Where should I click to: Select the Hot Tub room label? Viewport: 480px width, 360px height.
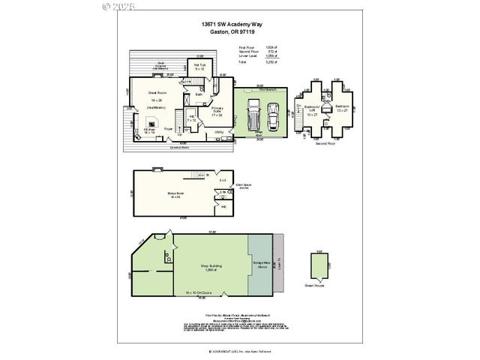(x=199, y=67)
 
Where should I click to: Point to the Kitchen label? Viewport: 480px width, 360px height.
(x=139, y=130)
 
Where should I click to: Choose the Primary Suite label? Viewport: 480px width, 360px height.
(x=217, y=113)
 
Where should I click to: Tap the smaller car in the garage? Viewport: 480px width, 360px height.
(x=273, y=116)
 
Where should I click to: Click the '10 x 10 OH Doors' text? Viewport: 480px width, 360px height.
(x=197, y=292)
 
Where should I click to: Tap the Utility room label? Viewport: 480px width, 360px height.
(x=220, y=132)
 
